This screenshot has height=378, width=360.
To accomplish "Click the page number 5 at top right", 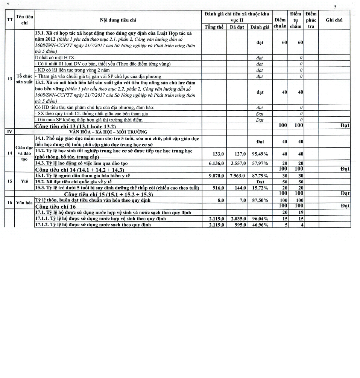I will (x=336, y=6).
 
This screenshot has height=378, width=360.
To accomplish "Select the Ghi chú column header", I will (x=334, y=20).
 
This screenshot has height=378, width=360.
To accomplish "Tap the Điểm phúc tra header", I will (x=311, y=20).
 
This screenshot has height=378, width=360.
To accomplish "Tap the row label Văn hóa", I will (x=24, y=203).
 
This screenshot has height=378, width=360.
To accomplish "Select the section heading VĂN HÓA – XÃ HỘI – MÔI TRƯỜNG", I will (x=108, y=132).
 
